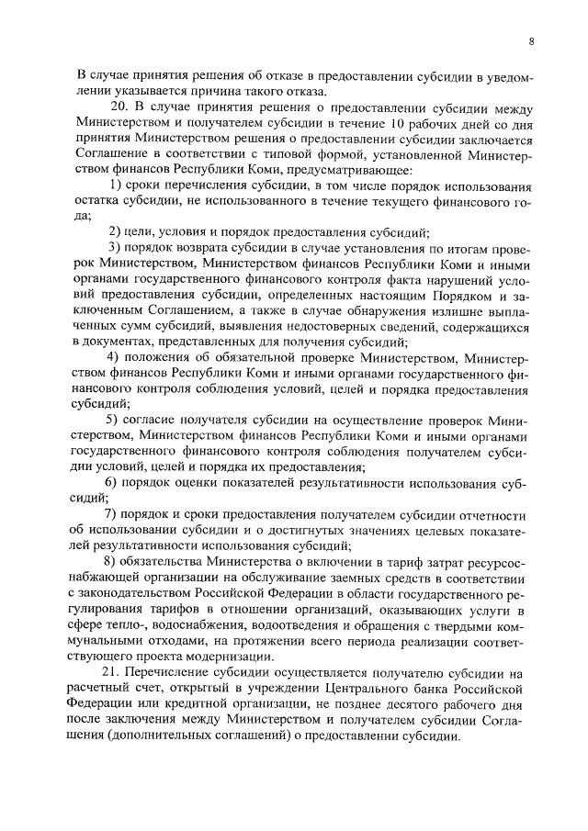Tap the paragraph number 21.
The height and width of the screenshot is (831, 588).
[x=110, y=673]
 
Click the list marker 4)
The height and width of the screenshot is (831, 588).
[x=114, y=356]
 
